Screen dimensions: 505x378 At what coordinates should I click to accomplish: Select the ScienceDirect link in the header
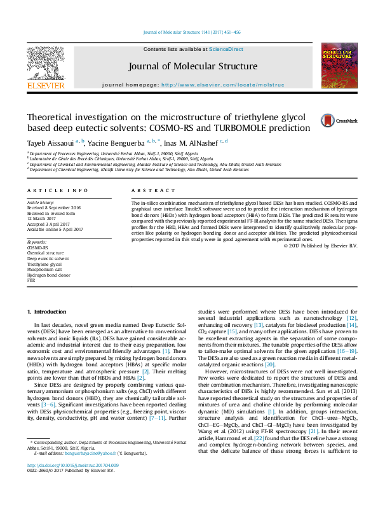pos(226,49)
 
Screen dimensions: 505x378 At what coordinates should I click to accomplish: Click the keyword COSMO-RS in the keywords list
pos(37,247)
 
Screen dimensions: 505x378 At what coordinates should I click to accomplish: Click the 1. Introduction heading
pos(49,312)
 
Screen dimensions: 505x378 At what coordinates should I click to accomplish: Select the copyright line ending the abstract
pos(320,245)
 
